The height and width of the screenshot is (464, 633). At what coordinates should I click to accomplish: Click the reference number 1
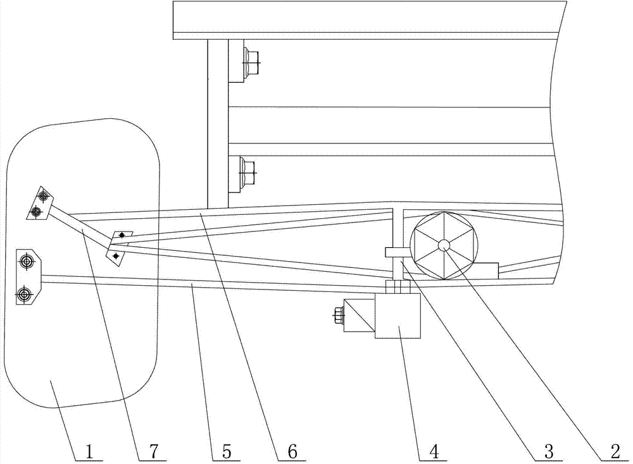coord(89,451)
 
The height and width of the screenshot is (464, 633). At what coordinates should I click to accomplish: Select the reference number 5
coord(226,451)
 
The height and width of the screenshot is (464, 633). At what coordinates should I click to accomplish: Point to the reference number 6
coord(292,451)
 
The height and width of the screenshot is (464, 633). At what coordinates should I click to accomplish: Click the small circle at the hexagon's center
coord(444,245)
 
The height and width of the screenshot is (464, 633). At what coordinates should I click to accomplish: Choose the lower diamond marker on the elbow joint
coord(116,255)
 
